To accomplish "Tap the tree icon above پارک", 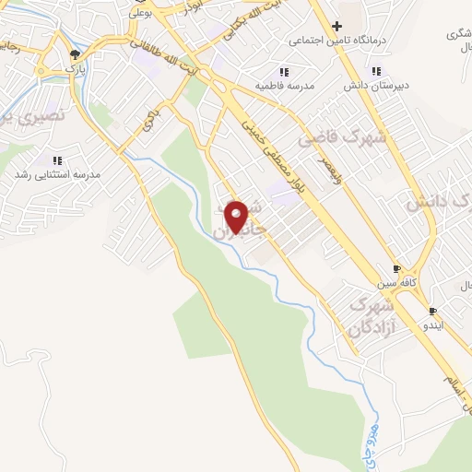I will pos(74,54).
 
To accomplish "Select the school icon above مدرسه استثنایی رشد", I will pos(58,159).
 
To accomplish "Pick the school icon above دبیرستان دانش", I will pos(376,71).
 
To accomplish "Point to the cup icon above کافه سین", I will pos(396,269).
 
